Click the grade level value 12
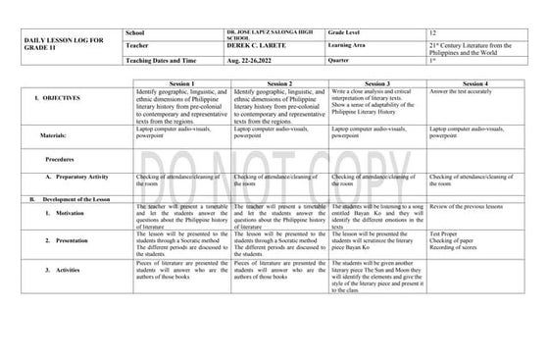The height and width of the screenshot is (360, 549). coord(434,32)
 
